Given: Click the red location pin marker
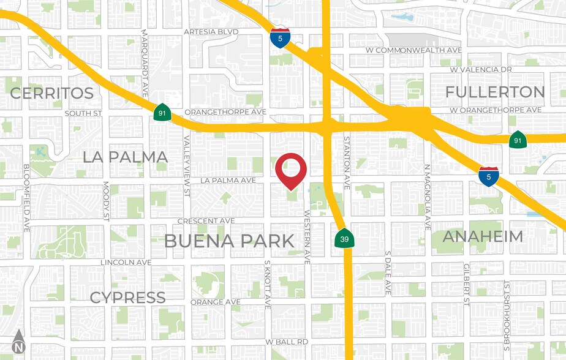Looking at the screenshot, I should [290, 170].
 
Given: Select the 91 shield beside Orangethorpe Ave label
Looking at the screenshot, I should [162, 113].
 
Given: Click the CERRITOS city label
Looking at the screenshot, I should [52, 93].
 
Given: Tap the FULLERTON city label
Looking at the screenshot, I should [495, 92].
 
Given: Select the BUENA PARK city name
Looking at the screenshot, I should [229, 241].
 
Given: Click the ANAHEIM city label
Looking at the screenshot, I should [483, 236].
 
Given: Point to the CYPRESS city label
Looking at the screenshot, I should [127, 298].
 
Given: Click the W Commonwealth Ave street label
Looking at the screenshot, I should [421, 50].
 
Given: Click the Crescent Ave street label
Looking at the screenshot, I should [206, 220].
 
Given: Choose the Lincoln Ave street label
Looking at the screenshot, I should [126, 262].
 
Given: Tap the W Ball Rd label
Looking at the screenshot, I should [287, 341].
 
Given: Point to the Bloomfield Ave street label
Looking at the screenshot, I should [26, 197].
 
